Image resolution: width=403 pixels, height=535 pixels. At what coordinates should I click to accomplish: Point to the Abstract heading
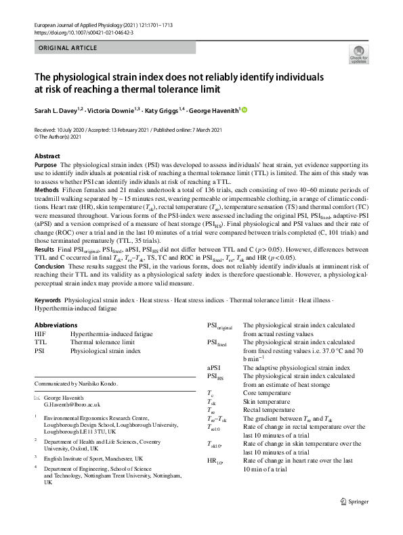(47, 156)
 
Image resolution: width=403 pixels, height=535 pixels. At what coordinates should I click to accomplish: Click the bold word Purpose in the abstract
(45, 165)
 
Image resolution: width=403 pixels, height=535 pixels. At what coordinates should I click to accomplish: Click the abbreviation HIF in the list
(40, 334)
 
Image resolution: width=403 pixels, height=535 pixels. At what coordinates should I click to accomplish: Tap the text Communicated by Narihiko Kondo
(76, 383)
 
